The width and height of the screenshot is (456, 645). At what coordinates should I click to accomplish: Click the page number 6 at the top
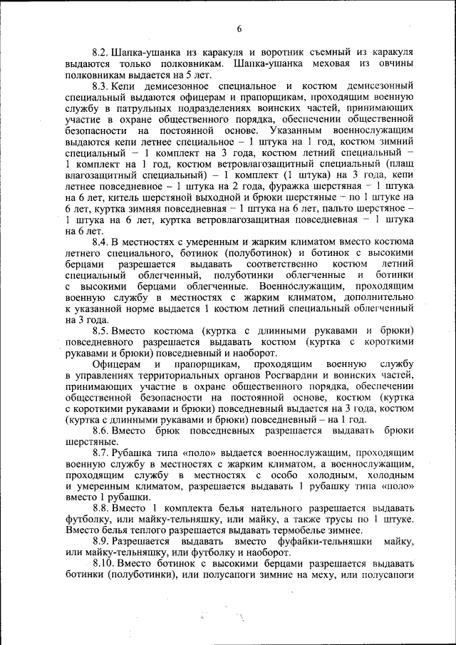click(x=239, y=28)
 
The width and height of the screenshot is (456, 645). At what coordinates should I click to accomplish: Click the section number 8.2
click(x=99, y=53)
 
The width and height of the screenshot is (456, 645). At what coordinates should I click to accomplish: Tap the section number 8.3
click(x=99, y=86)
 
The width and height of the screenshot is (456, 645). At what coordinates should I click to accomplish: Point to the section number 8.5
click(x=99, y=331)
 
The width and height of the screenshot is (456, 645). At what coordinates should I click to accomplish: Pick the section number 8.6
click(x=99, y=430)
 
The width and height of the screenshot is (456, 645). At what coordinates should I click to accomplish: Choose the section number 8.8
click(x=99, y=507)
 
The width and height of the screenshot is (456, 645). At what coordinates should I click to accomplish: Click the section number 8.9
click(x=99, y=541)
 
